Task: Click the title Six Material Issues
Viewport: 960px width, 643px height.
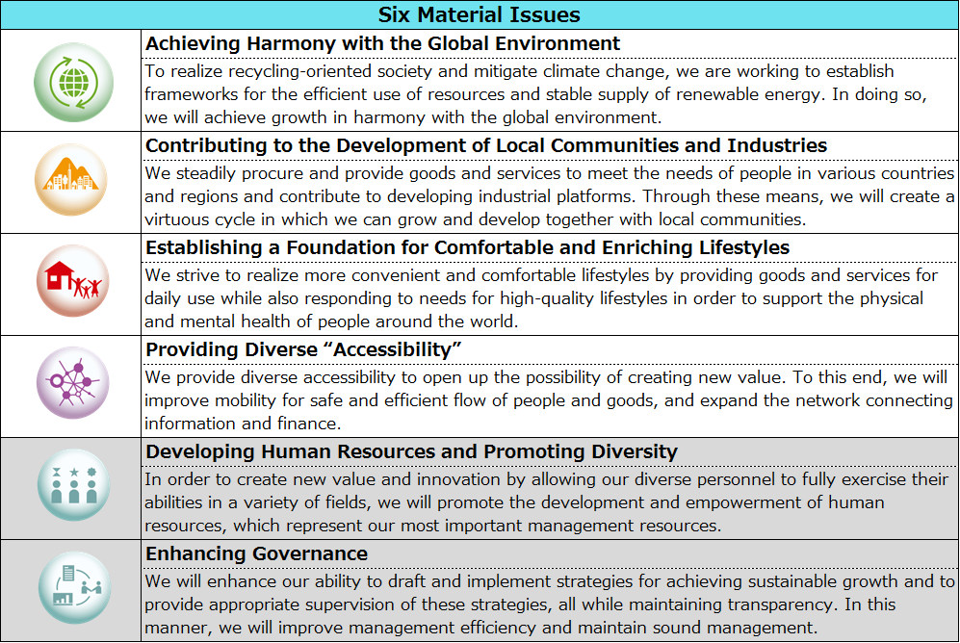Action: pyautogui.click(x=479, y=14)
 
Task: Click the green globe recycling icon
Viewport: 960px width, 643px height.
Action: pyautogui.click(x=73, y=80)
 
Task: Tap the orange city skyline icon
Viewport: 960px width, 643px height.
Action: pyautogui.click(x=73, y=182)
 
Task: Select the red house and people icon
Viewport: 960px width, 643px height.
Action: pyautogui.click(x=73, y=284)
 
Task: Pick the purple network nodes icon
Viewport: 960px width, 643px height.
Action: pyautogui.click(x=73, y=386)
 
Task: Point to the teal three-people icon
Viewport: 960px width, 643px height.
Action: pyautogui.click(x=73, y=488)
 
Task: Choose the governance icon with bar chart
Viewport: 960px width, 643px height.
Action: pyautogui.click(x=73, y=590)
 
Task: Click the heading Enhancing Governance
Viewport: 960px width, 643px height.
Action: pyautogui.click(x=256, y=553)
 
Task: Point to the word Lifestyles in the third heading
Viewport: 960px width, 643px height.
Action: pyautogui.click(x=739, y=247)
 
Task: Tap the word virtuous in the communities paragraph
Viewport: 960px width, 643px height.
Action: pyautogui.click(x=177, y=219)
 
